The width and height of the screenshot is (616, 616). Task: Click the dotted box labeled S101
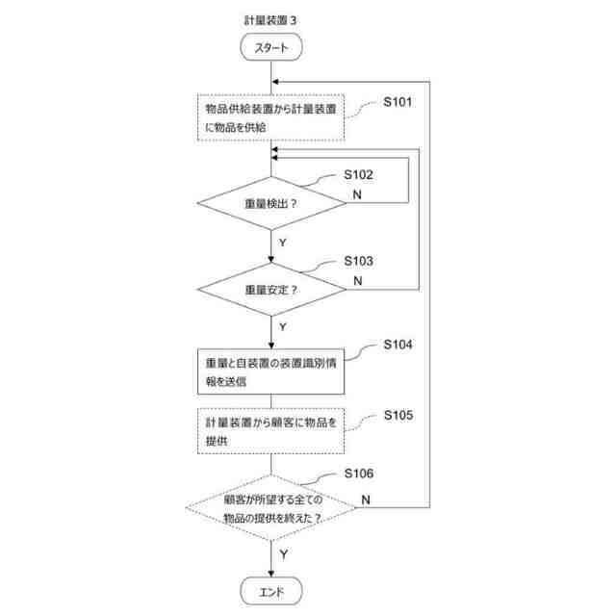pos(271,118)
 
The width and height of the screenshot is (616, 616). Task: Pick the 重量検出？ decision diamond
pos(271,203)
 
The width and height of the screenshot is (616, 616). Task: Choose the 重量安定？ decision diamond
pos(271,289)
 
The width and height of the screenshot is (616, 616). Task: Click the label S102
pos(358,175)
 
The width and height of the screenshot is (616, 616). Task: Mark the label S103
pos(358,261)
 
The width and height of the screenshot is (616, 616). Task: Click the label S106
pos(358,473)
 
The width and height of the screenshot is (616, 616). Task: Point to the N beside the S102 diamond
pos(357,195)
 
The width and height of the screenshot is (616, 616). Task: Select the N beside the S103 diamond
pos(357,280)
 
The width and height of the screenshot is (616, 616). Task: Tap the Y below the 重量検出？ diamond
pos(282,243)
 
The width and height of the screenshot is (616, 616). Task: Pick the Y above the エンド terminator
pos(283,554)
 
